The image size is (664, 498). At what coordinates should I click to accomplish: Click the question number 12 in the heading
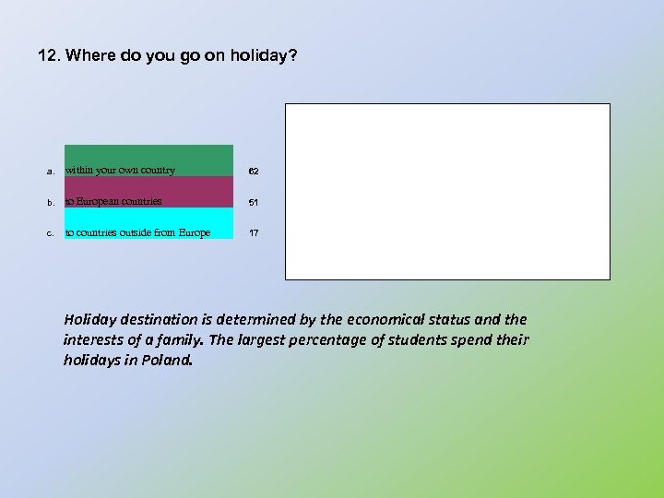pos(48,56)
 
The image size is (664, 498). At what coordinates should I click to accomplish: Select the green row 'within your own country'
pos(148,160)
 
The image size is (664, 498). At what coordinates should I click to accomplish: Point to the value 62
pos(254,172)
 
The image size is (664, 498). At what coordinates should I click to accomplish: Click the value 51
pos(254,202)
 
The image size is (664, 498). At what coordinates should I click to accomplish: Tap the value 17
pos(254,233)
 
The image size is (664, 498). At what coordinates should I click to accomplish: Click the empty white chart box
pos(447,191)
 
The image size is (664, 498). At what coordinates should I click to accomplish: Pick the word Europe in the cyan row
pos(193,232)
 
